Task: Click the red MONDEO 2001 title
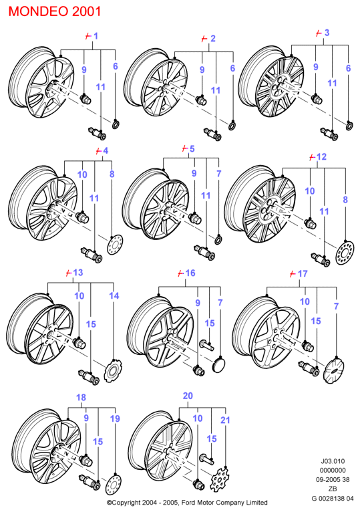coord(55,11)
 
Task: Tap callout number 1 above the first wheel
coord(96,36)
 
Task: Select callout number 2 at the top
coord(212,39)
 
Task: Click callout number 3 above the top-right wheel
coord(327,33)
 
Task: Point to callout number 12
coord(321,156)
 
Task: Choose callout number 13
coord(78,272)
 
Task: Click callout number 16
coord(190,273)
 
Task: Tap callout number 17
coord(303,273)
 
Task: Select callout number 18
coord(81,398)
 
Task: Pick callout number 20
coord(188,396)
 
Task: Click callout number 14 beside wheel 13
coord(114,296)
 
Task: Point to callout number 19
coord(115,418)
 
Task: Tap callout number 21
coord(225,420)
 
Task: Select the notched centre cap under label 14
coord(113,370)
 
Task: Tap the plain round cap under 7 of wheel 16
coord(218,365)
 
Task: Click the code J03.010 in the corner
coord(333,461)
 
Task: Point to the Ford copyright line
coord(187,503)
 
